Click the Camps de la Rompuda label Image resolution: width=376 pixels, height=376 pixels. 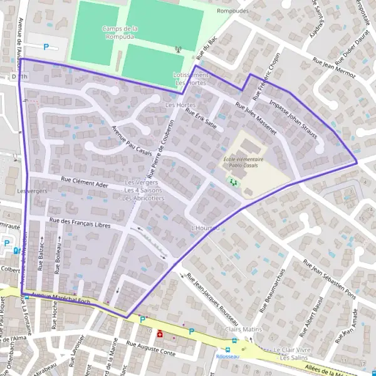coord(120,33)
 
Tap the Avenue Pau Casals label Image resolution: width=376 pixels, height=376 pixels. coord(132,142)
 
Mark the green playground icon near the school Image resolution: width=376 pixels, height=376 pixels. coord(234,182)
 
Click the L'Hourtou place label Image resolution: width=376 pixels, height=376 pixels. coord(206,227)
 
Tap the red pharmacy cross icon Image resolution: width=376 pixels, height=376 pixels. coord(160,333)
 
